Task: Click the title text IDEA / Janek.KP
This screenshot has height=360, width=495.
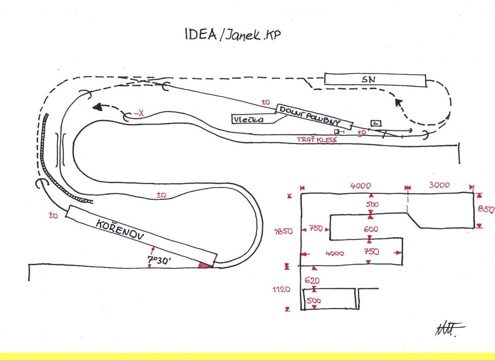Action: click(233, 35)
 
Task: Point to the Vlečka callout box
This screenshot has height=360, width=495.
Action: click(249, 119)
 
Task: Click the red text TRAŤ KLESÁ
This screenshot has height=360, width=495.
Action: click(317, 140)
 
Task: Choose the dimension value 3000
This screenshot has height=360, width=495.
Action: click(439, 185)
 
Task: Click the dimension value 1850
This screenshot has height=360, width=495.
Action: click(284, 231)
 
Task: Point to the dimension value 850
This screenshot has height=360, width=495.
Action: click(486, 209)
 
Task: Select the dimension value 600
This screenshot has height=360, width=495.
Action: click(371, 229)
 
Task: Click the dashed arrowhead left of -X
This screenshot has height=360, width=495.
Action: click(97, 107)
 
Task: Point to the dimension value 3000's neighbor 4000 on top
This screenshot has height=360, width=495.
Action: click(361, 185)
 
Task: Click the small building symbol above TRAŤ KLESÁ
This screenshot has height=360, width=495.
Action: click(375, 123)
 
